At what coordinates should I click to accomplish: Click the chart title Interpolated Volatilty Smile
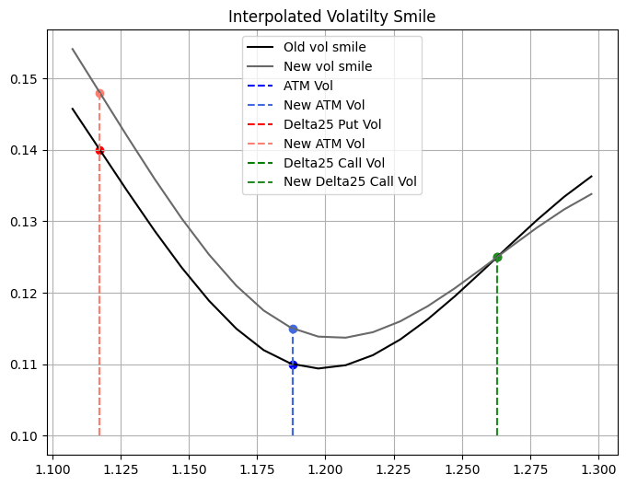point(332,16)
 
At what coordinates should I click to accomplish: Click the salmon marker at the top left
point(99,93)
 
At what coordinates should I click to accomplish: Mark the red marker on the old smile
point(99,150)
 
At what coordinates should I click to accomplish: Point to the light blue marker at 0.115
point(293,329)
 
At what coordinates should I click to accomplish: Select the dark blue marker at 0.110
point(293,364)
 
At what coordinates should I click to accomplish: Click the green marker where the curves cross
point(497,257)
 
